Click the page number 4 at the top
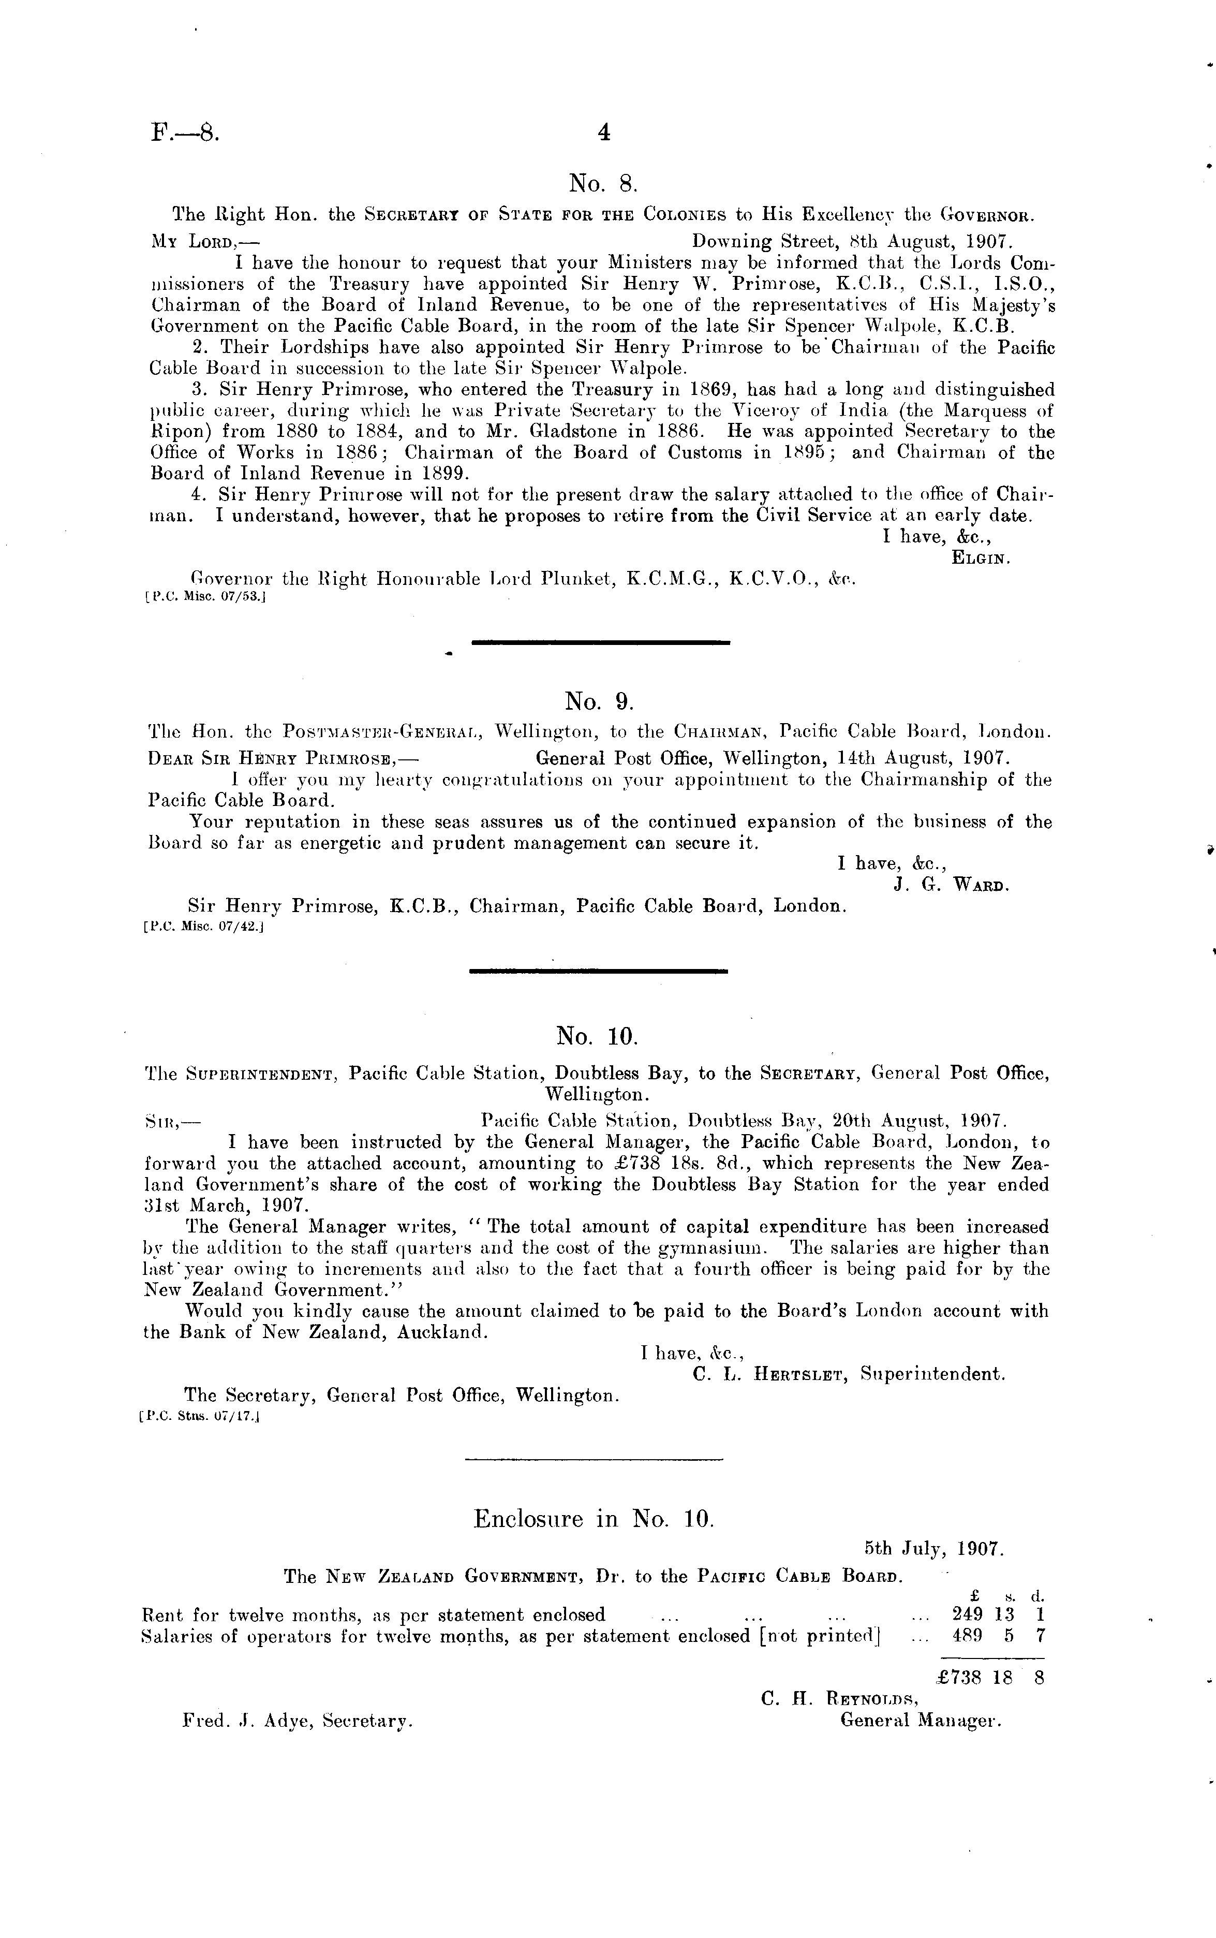(603, 133)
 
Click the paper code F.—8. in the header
(184, 132)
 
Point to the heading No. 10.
(597, 1036)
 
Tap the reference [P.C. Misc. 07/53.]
(205, 598)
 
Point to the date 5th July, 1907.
(933, 1548)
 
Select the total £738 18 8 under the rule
(991, 1678)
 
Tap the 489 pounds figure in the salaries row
(967, 1635)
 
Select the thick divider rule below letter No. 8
(600, 642)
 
